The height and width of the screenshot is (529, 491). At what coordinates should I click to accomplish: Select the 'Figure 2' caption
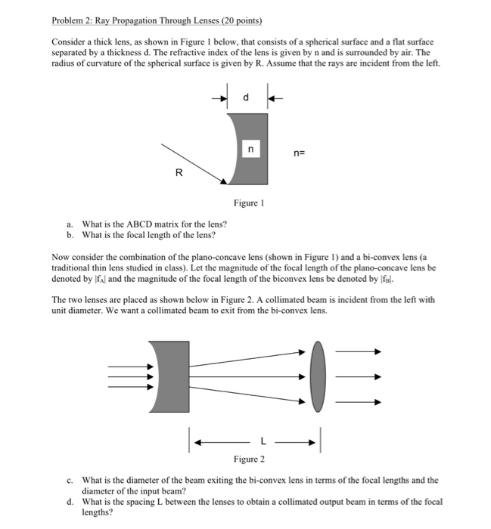coord(249,459)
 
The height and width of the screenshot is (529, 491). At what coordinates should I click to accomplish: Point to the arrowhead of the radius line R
coord(225,181)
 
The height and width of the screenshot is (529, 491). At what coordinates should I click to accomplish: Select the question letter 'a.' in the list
coord(70,224)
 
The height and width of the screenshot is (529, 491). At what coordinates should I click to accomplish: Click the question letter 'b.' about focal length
coord(70,235)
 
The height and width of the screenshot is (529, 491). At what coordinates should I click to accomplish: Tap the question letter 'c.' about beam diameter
coord(70,480)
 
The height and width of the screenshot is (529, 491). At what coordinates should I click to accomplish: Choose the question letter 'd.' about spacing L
coord(70,501)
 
